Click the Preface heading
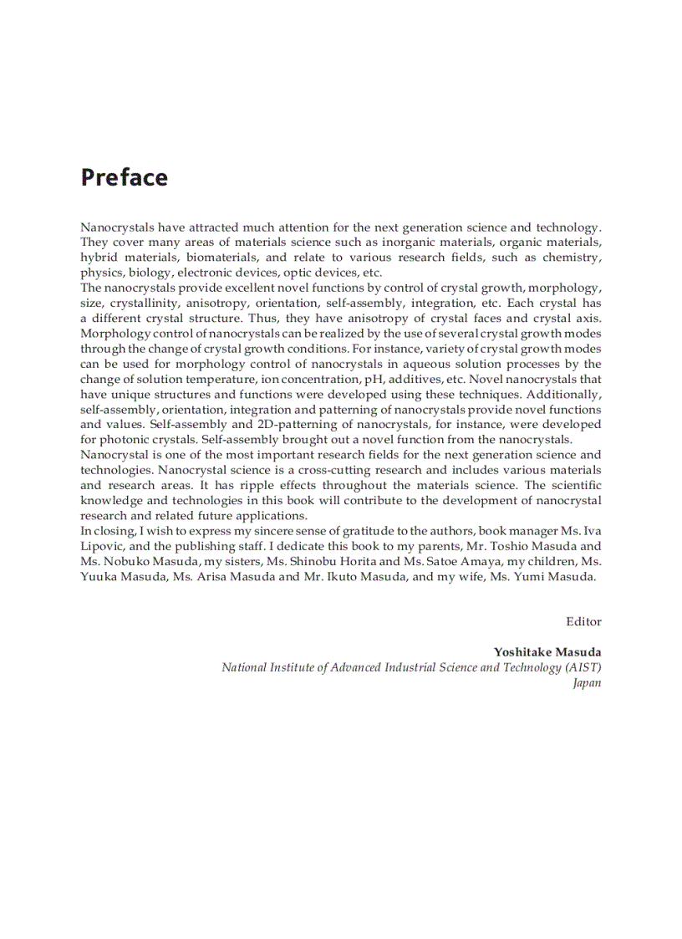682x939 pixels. point(124,178)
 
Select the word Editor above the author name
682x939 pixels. point(583,621)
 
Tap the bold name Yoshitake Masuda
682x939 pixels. point(547,652)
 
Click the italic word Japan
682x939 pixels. point(587,682)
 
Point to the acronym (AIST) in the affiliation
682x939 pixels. point(583,667)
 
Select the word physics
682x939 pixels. point(101,273)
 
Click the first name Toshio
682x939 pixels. point(513,545)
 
